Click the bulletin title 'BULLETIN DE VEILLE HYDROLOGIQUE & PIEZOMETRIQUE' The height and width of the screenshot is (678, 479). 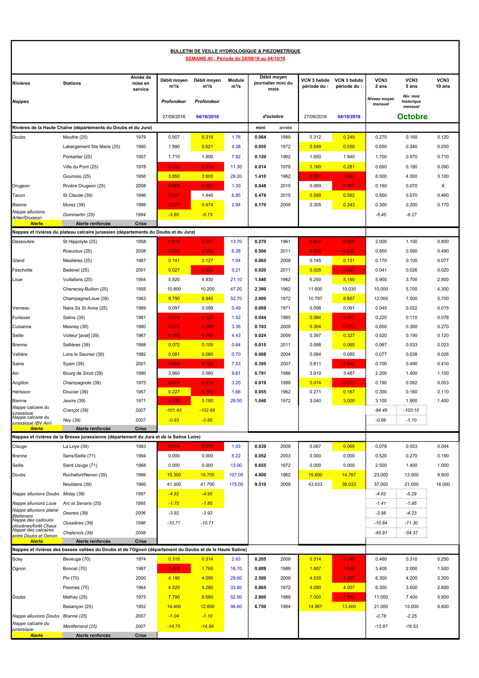(x=235, y=51)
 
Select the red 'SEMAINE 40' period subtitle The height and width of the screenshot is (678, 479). (x=235, y=58)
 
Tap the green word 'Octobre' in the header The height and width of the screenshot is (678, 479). (x=412, y=116)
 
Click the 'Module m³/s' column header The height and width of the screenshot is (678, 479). (x=236, y=83)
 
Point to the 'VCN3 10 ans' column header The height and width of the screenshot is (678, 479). (x=443, y=83)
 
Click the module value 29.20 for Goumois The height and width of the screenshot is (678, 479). (x=236, y=176)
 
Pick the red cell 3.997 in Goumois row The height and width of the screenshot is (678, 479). (x=315, y=176)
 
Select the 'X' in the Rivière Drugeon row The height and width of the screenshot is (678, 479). (x=443, y=186)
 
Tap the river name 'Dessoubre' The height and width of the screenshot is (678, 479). (x=23, y=242)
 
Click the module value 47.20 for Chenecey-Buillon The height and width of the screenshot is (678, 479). (x=236, y=289)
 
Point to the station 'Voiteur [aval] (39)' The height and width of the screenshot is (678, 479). (x=81, y=336)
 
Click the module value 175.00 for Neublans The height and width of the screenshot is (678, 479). (x=236, y=484)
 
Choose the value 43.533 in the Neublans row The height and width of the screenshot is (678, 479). (x=315, y=484)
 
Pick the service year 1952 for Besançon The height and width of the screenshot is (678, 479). (x=141, y=606)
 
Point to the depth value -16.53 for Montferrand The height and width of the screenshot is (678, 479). (x=411, y=626)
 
